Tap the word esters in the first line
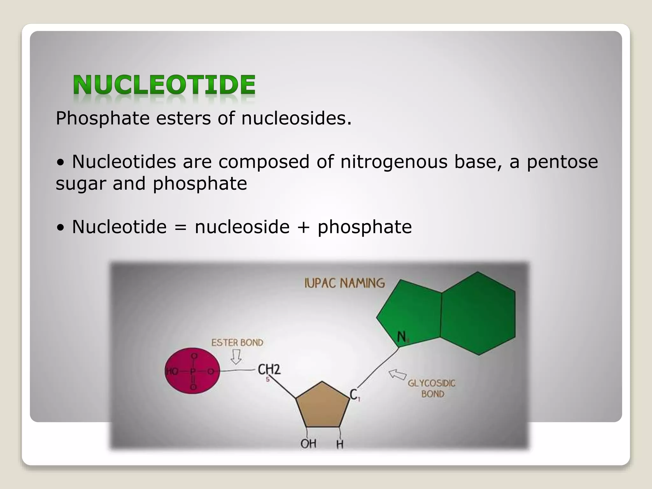pyautogui.click(x=183, y=118)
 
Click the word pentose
pyautogui.click(x=562, y=161)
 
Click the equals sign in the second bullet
pyautogui.click(x=181, y=227)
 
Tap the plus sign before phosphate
pyautogui.click(x=303, y=227)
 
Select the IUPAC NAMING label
pyautogui.click(x=344, y=283)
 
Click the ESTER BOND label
pyautogui.click(x=237, y=343)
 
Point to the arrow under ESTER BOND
pyautogui.click(x=236, y=357)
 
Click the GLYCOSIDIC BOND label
pyautogui.click(x=432, y=388)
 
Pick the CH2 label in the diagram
pyautogui.click(x=269, y=370)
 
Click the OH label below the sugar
pyautogui.click(x=308, y=443)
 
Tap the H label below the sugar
pyautogui.click(x=340, y=444)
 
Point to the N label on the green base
pyautogui.click(x=402, y=337)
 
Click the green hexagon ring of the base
pyautogui.click(x=478, y=314)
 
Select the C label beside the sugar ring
pyautogui.click(x=354, y=395)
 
